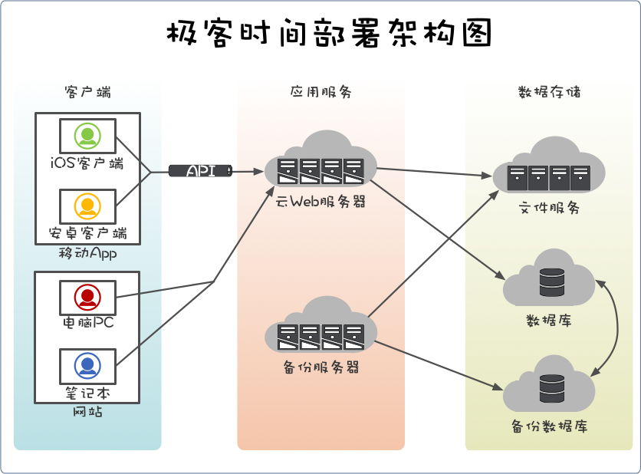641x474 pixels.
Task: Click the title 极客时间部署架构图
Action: pos(328,34)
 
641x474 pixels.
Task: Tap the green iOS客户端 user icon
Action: pos(87,137)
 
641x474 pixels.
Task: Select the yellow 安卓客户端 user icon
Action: pos(87,206)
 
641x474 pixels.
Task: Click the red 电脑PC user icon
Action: pos(87,296)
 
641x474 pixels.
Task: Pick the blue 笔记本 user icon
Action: pos(87,365)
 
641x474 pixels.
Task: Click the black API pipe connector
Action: pos(199,171)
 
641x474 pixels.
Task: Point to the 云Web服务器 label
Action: pos(320,202)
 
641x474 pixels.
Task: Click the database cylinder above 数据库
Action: pos(551,281)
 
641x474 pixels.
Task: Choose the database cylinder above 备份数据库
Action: pos(551,388)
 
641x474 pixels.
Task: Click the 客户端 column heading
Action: pos(87,92)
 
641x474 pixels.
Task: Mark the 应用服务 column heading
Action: pos(320,92)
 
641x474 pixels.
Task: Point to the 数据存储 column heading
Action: pos(549,92)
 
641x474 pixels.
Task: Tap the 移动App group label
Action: pos(87,253)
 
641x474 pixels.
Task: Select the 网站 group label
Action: pos(87,411)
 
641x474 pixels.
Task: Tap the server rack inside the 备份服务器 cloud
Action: pos(320,336)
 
